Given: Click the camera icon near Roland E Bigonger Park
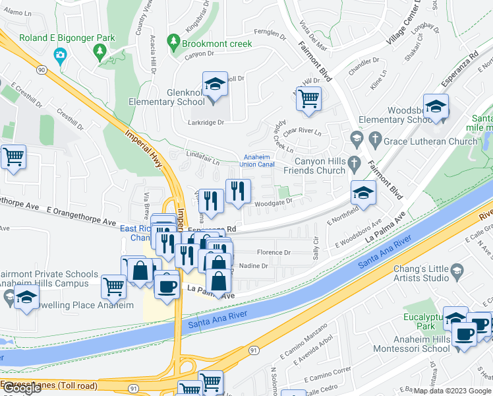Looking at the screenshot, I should pos(61,54).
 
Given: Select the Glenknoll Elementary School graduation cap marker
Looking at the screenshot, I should pos(215,85).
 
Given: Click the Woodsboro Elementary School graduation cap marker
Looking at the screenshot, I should pos(436,106).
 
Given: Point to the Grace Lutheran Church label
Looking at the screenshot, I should pos(430,141).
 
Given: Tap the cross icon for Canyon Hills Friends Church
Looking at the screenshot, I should pos(355,162).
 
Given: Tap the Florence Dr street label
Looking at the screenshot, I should pos(274,252).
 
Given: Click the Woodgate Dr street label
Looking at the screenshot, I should pos(273,204).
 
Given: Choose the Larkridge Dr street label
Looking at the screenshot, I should pos(207,122).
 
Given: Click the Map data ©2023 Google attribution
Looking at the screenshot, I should pos(452,390).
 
